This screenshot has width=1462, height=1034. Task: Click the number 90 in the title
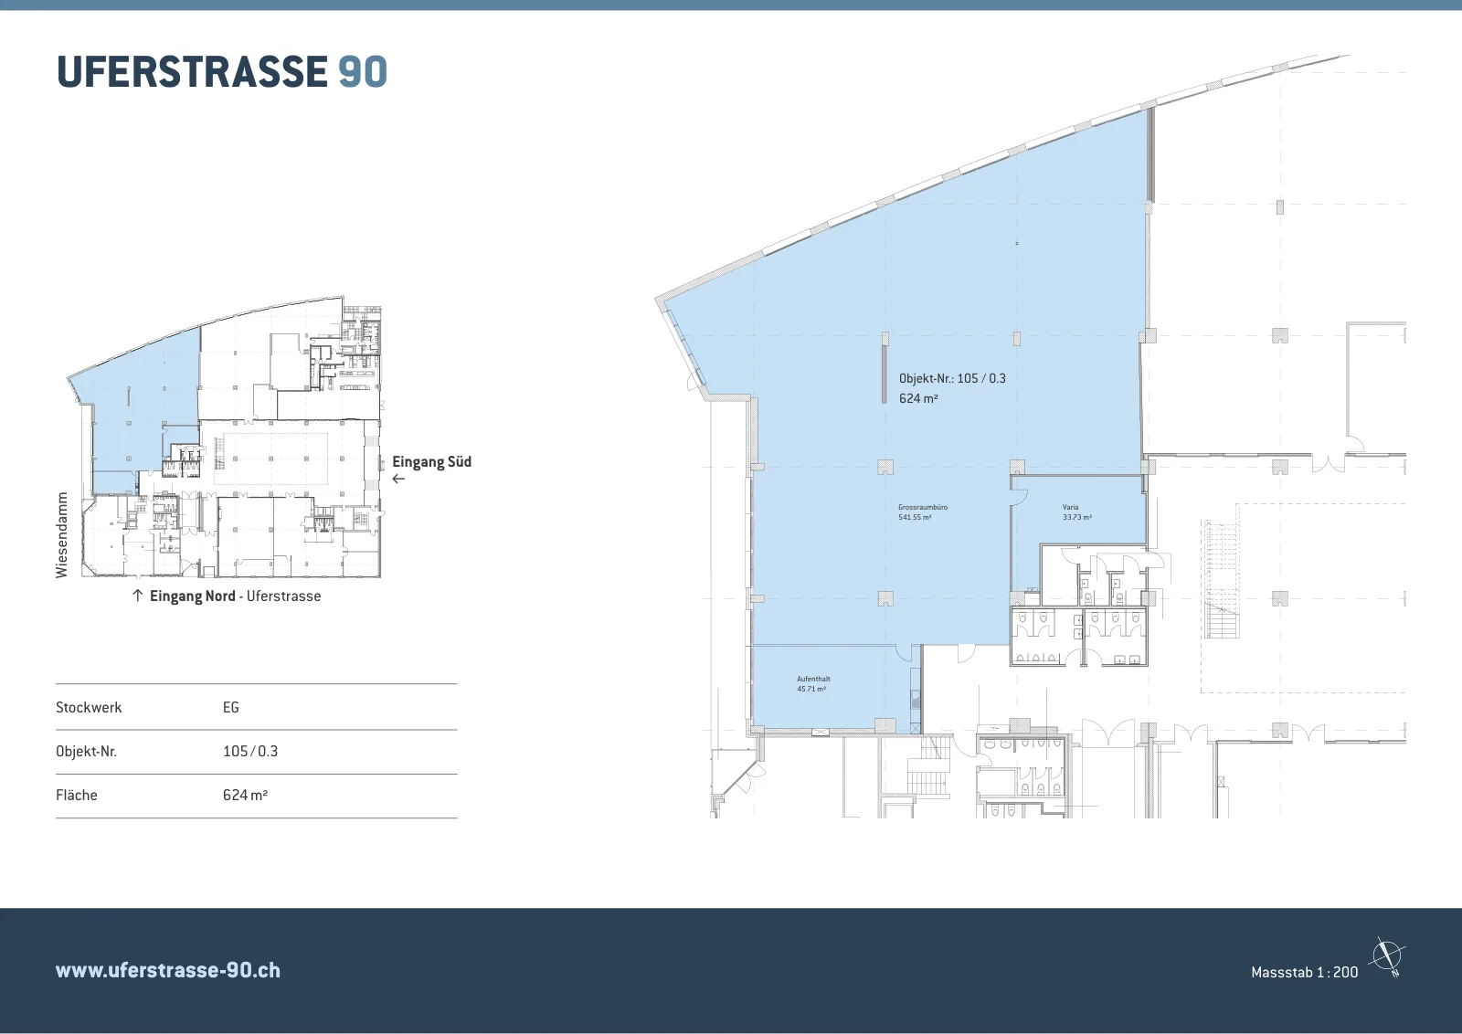click(363, 72)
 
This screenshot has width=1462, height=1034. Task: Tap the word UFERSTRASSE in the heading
click(192, 72)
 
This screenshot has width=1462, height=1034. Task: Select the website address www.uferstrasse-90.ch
click(168, 970)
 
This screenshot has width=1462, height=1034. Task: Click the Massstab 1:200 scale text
click(1304, 972)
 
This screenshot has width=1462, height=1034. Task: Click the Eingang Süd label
click(431, 462)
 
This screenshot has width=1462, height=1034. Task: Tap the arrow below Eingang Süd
click(398, 479)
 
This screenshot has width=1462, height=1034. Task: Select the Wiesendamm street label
click(62, 535)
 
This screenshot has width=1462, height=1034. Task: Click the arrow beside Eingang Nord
click(137, 595)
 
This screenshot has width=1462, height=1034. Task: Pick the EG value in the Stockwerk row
click(231, 707)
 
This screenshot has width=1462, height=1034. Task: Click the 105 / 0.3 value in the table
click(250, 751)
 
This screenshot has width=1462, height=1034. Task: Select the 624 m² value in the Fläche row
click(246, 795)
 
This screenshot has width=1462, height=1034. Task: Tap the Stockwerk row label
click(89, 707)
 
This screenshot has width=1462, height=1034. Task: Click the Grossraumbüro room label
click(923, 507)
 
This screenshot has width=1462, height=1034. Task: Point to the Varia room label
click(1070, 507)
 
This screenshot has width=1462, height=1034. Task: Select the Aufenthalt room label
click(813, 679)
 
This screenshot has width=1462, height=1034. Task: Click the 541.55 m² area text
click(915, 517)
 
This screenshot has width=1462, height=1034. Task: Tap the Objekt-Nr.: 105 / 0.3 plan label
click(952, 378)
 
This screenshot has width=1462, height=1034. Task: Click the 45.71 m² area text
click(811, 689)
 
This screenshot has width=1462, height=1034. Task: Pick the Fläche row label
click(77, 795)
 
